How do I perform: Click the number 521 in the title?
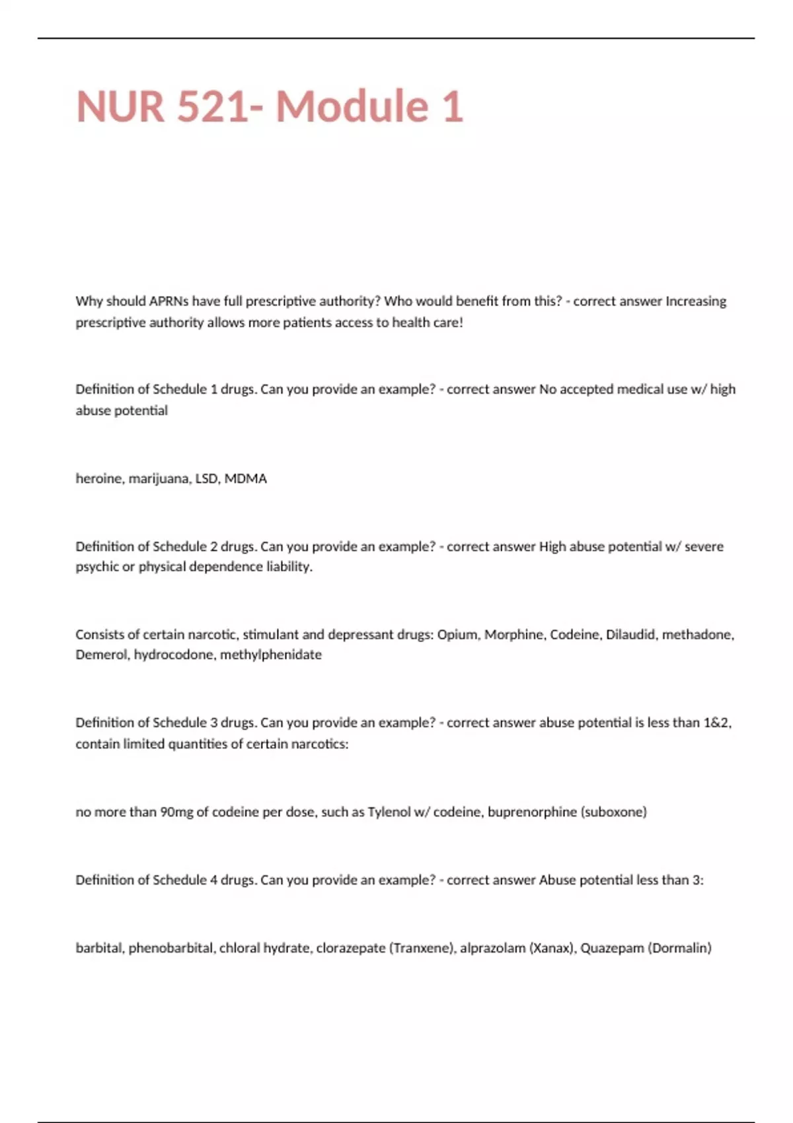click(x=214, y=107)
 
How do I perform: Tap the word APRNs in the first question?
click(x=169, y=301)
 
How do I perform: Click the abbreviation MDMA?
click(x=245, y=478)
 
